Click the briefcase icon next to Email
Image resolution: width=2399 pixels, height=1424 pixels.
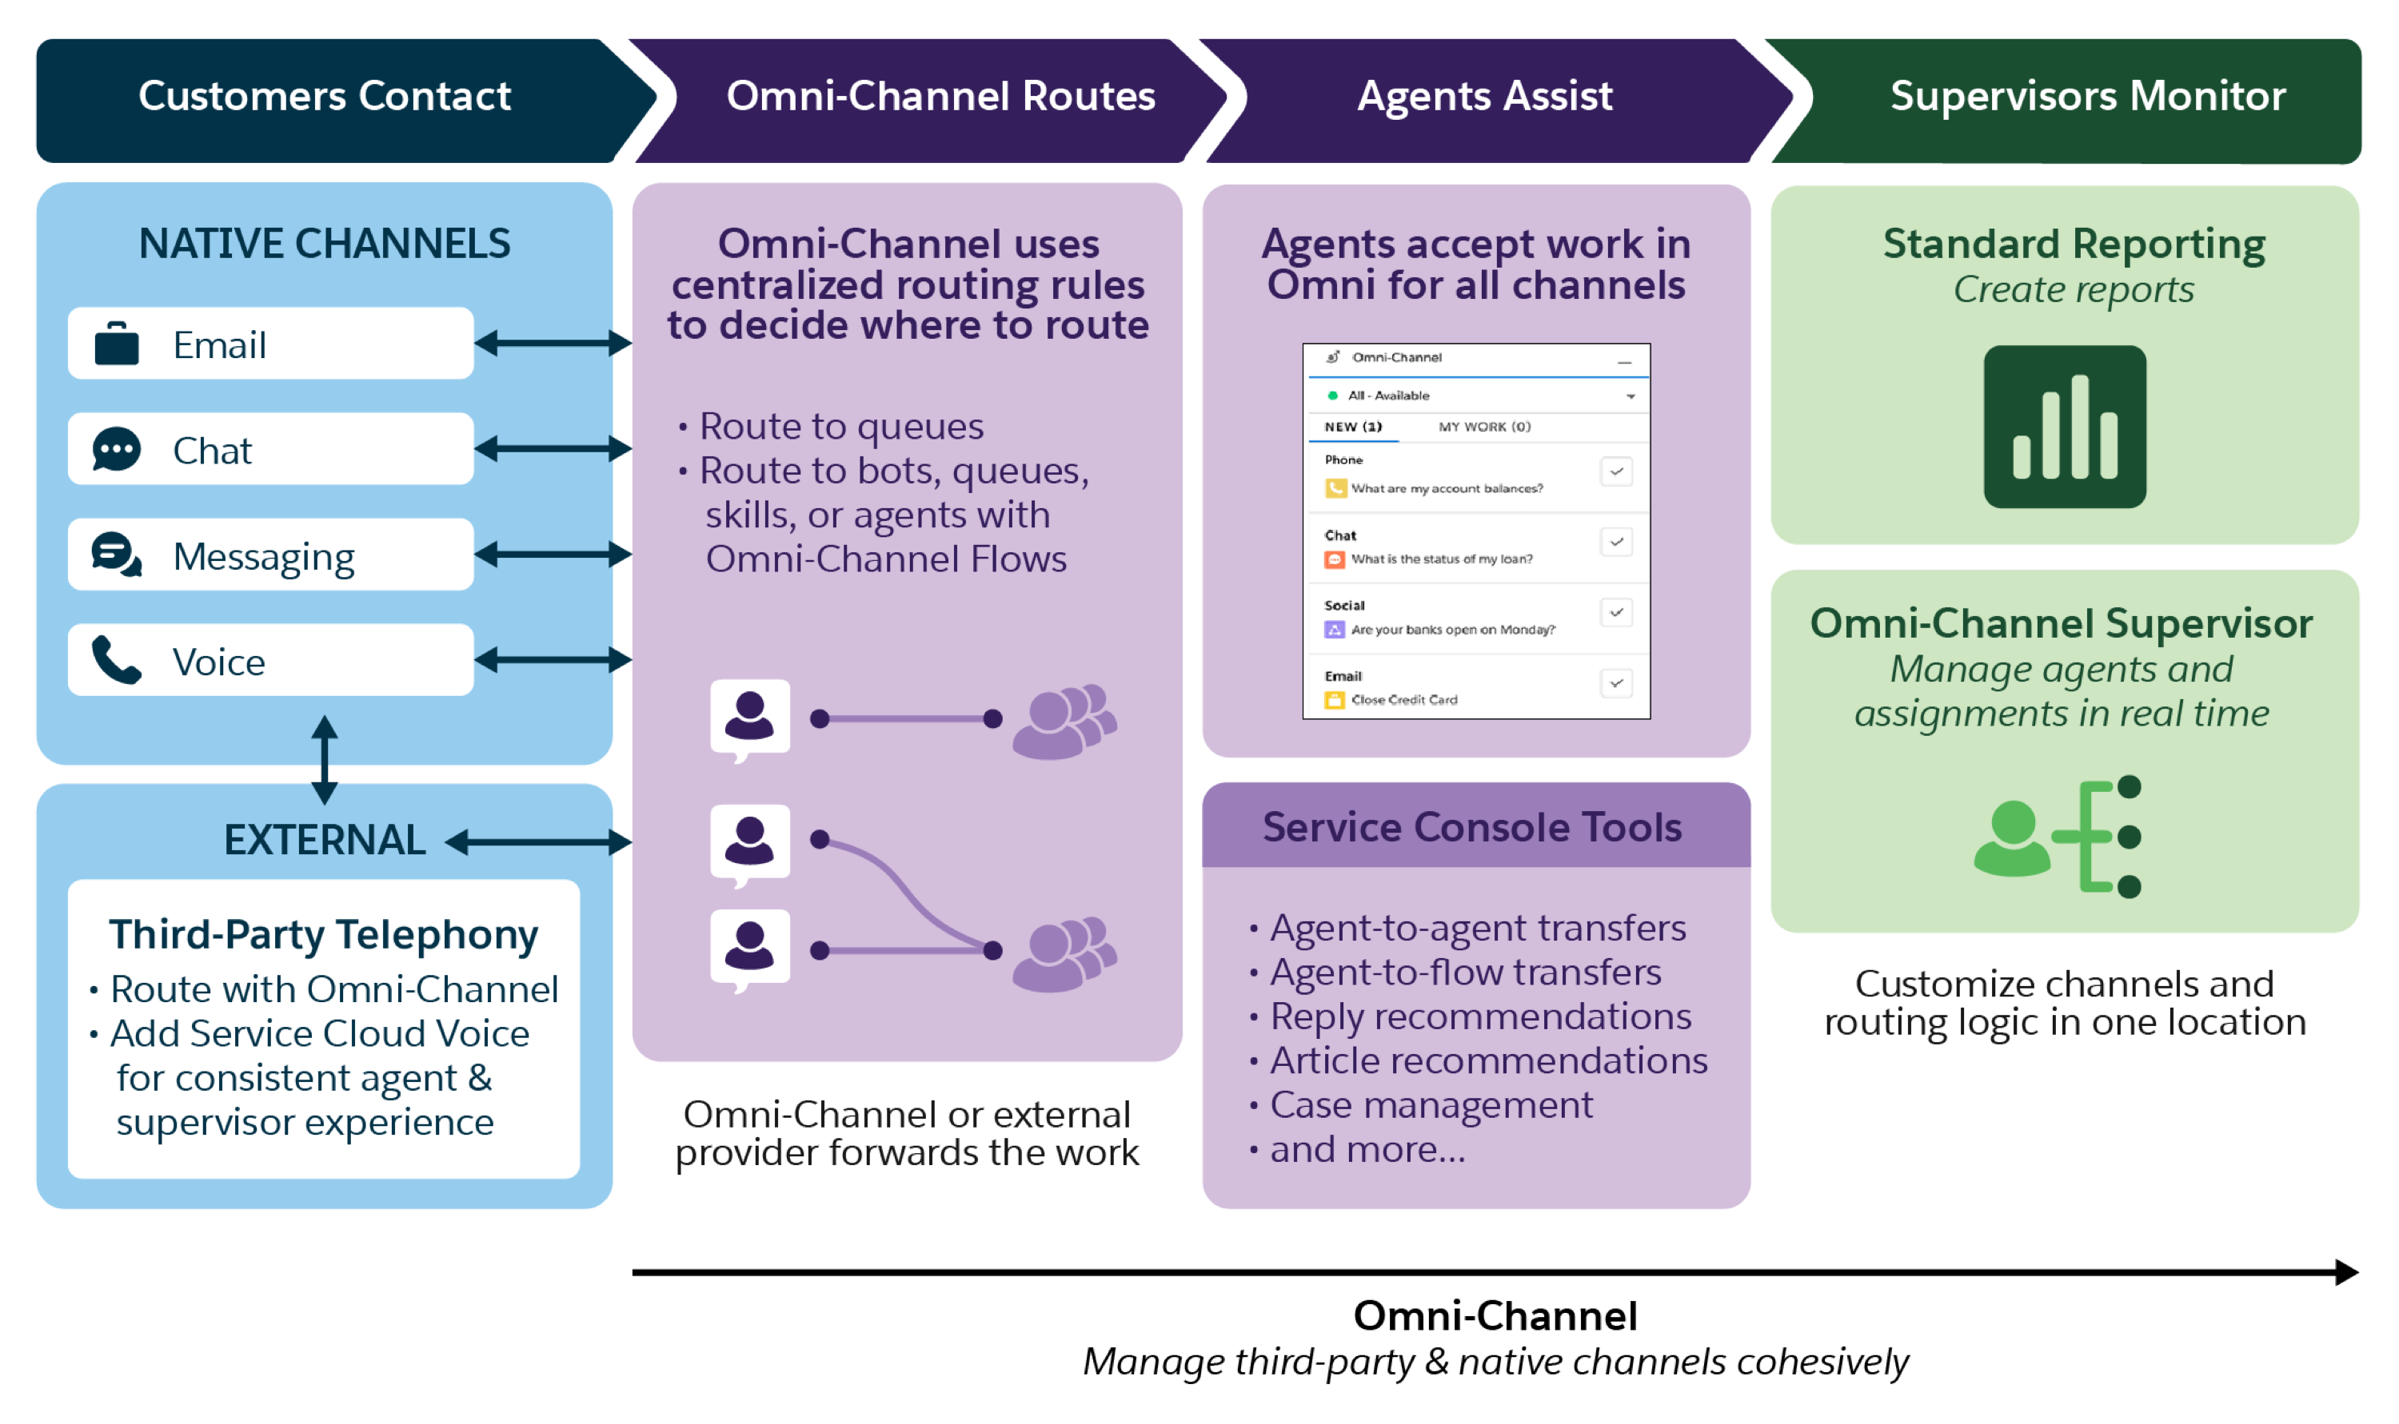tap(116, 344)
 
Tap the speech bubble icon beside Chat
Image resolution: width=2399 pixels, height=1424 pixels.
tap(116, 449)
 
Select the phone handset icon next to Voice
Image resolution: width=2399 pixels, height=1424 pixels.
tap(116, 660)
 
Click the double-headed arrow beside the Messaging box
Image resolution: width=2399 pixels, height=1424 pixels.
tap(553, 554)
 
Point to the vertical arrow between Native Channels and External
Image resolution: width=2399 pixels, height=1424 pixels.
tap(325, 760)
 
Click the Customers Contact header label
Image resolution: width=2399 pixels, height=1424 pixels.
tap(325, 96)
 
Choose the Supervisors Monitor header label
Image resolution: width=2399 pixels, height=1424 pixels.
tap(2088, 96)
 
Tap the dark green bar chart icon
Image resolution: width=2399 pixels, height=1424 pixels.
tap(2065, 427)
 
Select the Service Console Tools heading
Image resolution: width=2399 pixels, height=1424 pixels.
tap(1473, 827)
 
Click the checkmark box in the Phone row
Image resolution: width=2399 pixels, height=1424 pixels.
tap(1617, 472)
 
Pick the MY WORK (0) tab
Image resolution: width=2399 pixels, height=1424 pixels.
tap(1484, 427)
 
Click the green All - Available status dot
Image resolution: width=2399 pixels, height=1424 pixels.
tap(1332, 396)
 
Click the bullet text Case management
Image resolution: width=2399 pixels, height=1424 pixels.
tap(1431, 1105)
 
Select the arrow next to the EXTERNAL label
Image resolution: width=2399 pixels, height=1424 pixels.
tap(538, 842)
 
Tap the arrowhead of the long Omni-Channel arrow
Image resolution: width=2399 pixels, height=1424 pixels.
tap(2346, 1272)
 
